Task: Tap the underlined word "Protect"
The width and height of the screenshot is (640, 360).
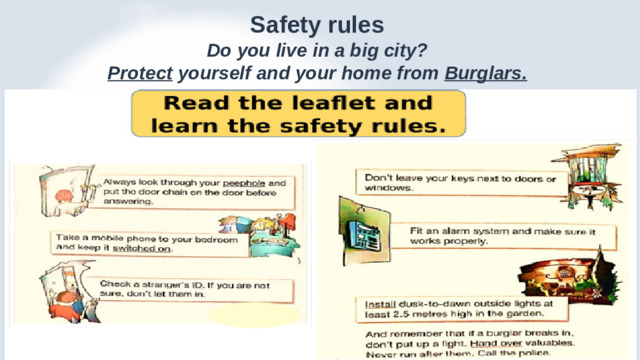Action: click(135, 73)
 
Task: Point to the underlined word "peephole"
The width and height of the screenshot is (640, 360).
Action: click(243, 184)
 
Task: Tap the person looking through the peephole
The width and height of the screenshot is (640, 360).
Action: click(65, 195)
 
